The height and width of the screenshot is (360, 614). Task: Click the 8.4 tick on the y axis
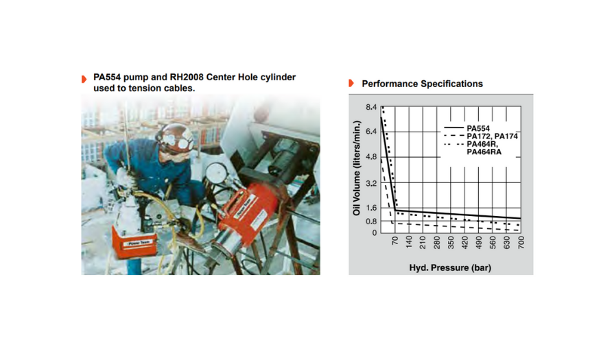(371, 107)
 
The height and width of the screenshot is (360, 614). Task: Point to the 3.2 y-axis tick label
(371, 183)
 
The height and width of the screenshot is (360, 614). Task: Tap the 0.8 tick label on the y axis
(371, 221)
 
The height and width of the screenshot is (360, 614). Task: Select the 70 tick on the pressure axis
(395, 240)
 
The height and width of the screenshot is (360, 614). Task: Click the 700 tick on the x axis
(521, 242)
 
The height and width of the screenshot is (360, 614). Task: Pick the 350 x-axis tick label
(451, 242)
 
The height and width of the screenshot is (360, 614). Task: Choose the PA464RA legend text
(484, 152)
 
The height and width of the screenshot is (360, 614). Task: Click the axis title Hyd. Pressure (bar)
(450, 267)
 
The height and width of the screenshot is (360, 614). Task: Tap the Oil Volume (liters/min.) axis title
(356, 168)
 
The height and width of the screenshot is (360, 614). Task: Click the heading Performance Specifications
(422, 84)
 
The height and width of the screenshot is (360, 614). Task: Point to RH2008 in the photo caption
(187, 77)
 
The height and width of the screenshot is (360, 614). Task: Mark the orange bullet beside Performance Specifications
(351, 83)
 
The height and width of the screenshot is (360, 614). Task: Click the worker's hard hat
(174, 138)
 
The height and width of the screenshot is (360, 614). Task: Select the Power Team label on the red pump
(137, 243)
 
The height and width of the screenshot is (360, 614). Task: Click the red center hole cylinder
(246, 217)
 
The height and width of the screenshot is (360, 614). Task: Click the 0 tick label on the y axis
(375, 233)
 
